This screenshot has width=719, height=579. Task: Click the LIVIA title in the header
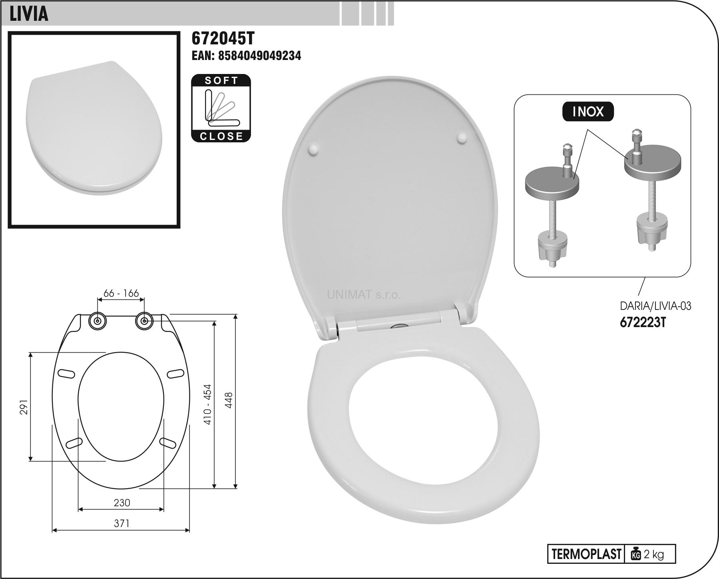tap(29, 13)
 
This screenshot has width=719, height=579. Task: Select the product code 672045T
tap(223, 38)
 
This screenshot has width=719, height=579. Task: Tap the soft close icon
tap(221, 108)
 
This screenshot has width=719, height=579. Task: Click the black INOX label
tap(588, 112)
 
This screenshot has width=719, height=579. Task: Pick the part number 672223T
tap(643, 322)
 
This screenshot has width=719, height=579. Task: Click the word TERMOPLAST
tap(586, 554)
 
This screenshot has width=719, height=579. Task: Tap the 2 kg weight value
tap(654, 554)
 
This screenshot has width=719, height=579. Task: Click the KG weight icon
tap(635, 554)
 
